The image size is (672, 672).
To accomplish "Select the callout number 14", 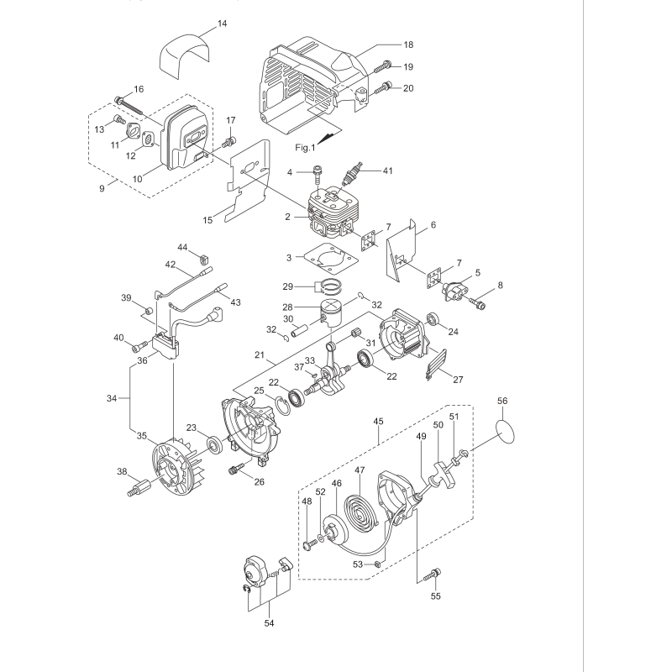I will (x=222, y=24).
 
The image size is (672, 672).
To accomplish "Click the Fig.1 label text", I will (x=304, y=147).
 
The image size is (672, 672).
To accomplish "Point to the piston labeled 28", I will (x=339, y=318).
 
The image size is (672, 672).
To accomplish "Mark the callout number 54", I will (x=268, y=622).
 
